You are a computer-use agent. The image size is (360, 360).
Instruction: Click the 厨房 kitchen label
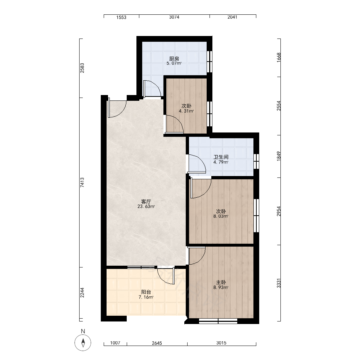point(174,59)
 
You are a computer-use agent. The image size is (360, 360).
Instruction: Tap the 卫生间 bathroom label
point(221,157)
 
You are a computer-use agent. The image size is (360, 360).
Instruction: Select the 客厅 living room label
point(146,202)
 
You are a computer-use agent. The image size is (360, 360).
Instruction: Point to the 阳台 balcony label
point(146,292)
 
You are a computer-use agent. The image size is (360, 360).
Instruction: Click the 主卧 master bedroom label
point(221,282)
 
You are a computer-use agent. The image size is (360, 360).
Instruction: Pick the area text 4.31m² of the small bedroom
point(186,111)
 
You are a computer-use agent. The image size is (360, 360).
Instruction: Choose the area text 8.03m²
point(221,216)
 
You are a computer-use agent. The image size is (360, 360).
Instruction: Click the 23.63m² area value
point(146,206)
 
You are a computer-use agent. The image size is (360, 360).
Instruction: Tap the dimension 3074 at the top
point(174,17)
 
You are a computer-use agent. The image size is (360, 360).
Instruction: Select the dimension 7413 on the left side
point(82,183)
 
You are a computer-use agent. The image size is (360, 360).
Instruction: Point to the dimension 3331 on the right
point(279,283)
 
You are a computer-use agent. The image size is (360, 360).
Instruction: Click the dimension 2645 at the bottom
point(157,343)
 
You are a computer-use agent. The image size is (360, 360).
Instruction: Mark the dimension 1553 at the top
point(121,17)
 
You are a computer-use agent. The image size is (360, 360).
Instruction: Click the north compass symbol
point(83,343)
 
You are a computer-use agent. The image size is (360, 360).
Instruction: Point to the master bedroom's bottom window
point(218,321)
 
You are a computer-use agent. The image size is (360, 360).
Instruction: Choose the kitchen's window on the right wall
point(210,62)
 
